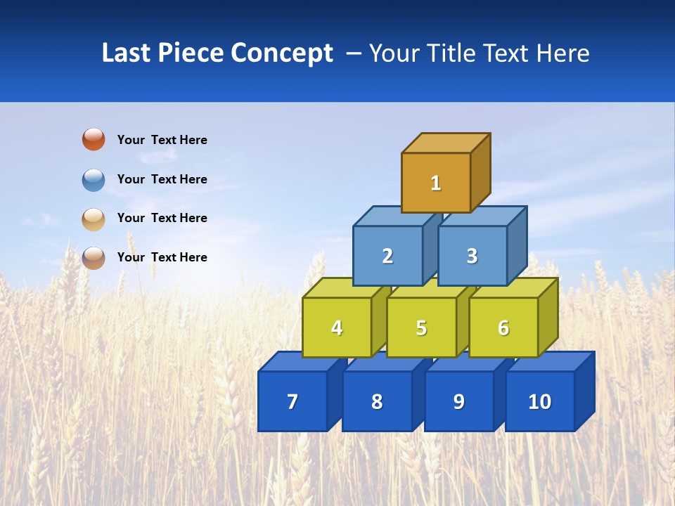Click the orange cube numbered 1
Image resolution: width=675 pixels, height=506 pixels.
tap(436, 183)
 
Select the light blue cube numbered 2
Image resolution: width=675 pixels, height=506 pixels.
tap(387, 256)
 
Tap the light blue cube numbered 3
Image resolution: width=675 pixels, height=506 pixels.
tap(472, 256)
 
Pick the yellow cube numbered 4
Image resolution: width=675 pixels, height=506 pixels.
tap(337, 327)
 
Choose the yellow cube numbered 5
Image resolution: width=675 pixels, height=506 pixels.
tap(421, 327)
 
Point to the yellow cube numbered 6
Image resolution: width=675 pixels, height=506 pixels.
tap(503, 327)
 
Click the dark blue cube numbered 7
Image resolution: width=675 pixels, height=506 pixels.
tap(292, 401)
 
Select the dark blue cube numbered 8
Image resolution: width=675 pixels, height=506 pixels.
tap(377, 401)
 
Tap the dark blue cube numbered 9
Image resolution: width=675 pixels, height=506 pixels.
tap(458, 401)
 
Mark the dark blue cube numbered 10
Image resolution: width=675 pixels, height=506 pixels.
tap(539, 401)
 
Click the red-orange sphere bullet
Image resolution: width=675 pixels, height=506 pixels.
tap(94, 139)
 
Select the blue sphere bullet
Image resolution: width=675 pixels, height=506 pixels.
tap(94, 179)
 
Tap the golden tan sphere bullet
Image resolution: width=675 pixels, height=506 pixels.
tap(94, 219)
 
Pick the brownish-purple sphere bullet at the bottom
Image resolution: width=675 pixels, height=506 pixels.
tap(94, 257)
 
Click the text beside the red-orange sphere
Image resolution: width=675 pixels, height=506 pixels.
tap(162, 140)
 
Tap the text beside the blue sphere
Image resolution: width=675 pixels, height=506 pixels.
tap(162, 179)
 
